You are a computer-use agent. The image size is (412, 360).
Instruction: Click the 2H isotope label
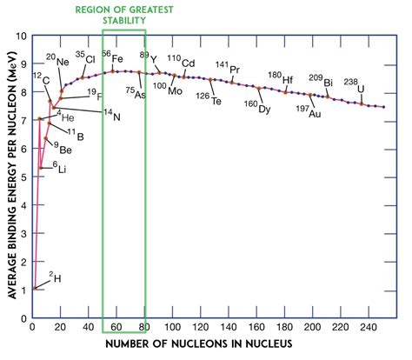pyautogui.click(x=56, y=277)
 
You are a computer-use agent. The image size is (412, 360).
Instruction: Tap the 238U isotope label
pyautogui.click(x=352, y=85)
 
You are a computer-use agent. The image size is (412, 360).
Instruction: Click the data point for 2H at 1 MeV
pyautogui.click(x=34, y=288)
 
